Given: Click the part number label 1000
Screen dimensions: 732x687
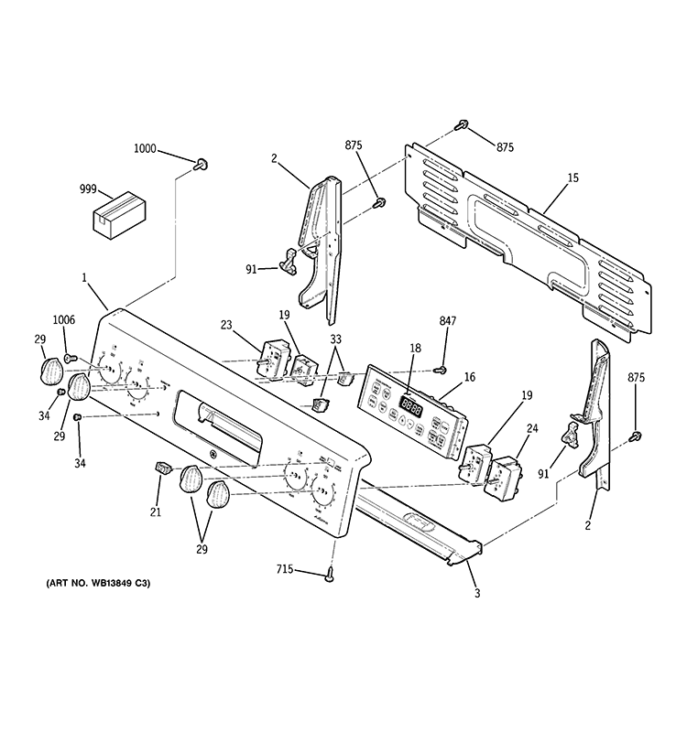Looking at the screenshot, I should [146, 148].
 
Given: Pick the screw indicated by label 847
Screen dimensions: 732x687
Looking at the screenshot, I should [441, 370].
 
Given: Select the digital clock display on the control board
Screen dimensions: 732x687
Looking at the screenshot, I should [410, 409].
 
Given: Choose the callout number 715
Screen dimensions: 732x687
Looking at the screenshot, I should [285, 569].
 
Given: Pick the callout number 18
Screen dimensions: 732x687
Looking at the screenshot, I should [415, 349].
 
